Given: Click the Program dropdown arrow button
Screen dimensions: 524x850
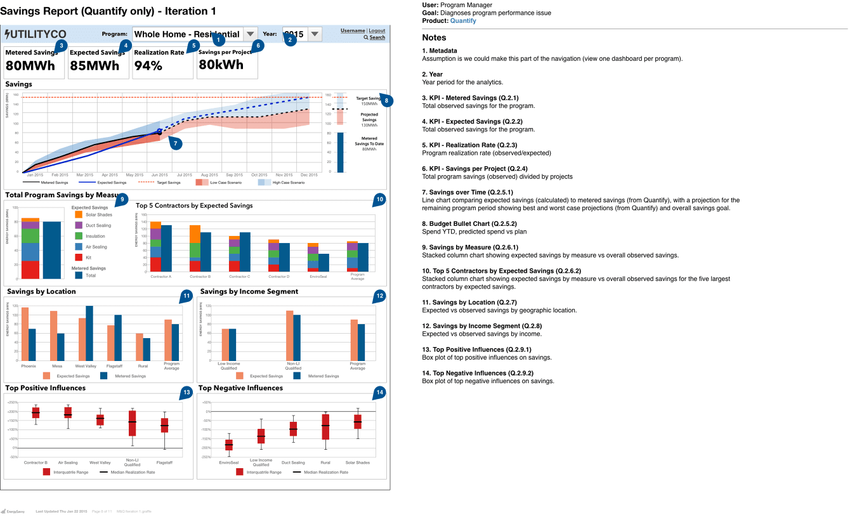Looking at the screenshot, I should pos(250,34).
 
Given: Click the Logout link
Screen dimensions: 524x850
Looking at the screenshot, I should pos(377,30).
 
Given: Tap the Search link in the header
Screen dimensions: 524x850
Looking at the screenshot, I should pos(377,37).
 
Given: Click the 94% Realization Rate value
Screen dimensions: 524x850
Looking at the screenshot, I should pos(148,65).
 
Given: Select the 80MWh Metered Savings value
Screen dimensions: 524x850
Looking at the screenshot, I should pos(30,65).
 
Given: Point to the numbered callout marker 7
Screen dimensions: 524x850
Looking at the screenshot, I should pos(176,143).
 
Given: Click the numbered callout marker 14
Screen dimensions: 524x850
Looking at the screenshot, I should pos(379,393).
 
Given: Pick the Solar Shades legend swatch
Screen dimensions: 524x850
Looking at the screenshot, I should pos(79,214).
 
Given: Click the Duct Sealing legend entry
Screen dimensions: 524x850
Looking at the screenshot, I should pos(98,225).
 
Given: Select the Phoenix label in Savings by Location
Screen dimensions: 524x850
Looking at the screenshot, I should pos(28,365).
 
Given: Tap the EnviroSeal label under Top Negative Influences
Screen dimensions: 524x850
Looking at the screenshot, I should pos(228,462).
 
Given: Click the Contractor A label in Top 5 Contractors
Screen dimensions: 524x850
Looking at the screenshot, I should pos(160,277).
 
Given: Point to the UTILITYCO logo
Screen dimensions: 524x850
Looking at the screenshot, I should pos(36,34).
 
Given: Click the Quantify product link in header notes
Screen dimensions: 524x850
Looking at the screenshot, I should pos(463,21).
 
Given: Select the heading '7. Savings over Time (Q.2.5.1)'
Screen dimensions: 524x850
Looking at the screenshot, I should pos(468,192).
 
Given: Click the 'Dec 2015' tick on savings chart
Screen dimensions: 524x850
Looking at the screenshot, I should pos(309,175).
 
